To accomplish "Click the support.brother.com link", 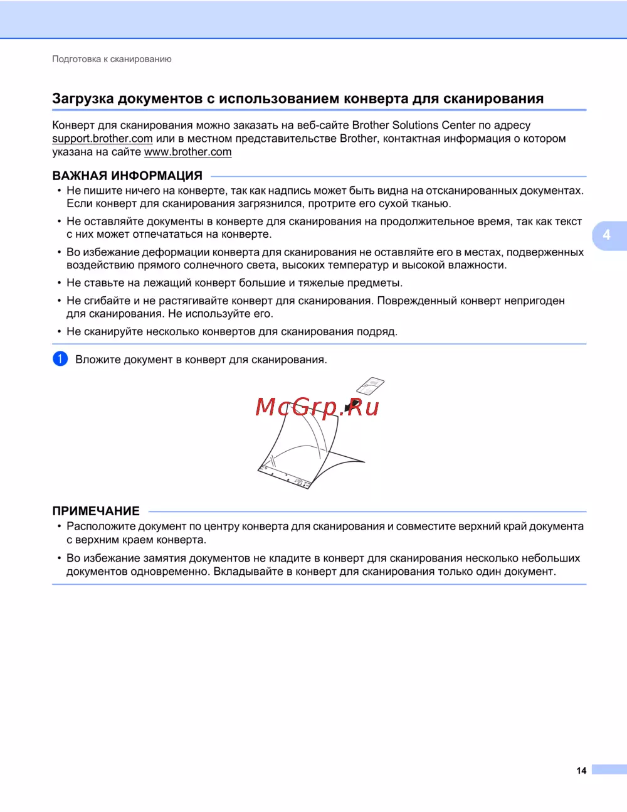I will click(x=102, y=139).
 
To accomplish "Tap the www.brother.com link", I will click(x=187, y=152).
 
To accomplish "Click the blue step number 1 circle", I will click(x=60, y=359).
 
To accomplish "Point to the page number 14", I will click(x=581, y=771).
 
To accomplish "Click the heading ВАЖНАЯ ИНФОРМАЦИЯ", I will click(x=127, y=176).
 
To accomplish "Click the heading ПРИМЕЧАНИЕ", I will click(x=96, y=511).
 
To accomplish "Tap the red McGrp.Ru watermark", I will click(x=317, y=407).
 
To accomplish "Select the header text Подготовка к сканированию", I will click(x=112, y=59).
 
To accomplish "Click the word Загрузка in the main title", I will click(x=83, y=99).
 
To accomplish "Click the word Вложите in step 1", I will click(x=98, y=360).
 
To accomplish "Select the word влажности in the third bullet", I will click(x=477, y=265).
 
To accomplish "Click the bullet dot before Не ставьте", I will click(x=60, y=283).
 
